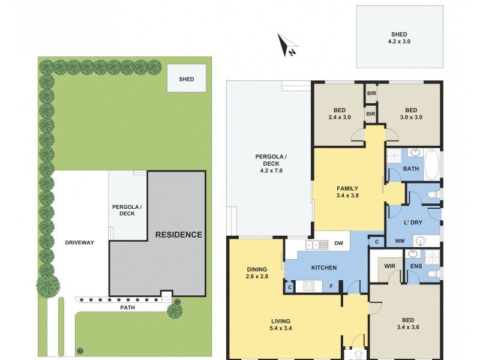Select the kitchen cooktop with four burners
(310, 287)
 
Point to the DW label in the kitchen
(338, 244)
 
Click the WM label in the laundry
(399, 241)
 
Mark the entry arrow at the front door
(358, 354)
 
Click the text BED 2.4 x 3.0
(340, 113)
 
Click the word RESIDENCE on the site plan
(179, 234)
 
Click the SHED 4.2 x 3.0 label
(397, 38)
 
